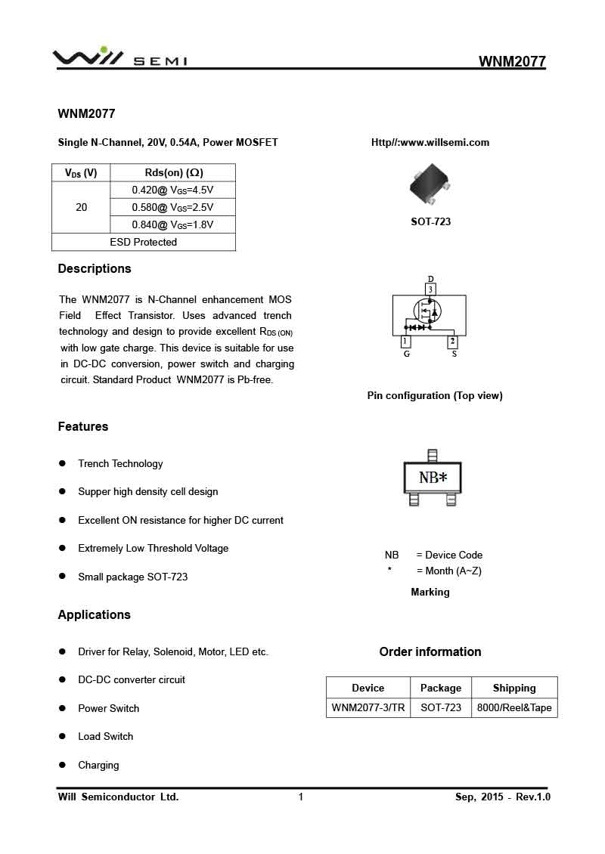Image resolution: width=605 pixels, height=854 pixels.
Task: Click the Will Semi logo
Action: [119, 58]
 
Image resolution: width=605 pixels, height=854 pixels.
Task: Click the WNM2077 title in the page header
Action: [512, 62]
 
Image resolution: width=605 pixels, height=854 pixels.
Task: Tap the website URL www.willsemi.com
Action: [430, 142]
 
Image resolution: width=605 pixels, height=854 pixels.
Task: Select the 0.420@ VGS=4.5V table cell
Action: [172, 190]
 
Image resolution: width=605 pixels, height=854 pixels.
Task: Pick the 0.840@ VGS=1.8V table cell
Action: [172, 224]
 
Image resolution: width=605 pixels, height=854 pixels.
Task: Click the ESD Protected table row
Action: [143, 242]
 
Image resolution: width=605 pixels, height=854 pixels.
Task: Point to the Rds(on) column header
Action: [173, 172]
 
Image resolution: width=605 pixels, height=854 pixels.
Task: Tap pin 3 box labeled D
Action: [430, 289]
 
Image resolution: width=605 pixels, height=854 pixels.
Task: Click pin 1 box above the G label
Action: [406, 342]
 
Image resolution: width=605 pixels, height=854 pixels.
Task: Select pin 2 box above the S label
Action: [452, 342]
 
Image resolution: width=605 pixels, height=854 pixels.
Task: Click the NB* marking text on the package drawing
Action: [433, 478]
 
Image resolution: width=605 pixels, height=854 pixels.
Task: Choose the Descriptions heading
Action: [95, 269]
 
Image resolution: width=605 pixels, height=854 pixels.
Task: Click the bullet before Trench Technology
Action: [63, 463]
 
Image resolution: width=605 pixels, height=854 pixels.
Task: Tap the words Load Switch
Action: [105, 736]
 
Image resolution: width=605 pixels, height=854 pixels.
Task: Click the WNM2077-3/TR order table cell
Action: [368, 708]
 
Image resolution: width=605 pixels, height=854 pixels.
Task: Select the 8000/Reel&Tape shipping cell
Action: [514, 708]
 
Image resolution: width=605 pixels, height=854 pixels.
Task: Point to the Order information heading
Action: [430, 651]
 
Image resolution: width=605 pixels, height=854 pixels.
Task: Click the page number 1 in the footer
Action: [301, 797]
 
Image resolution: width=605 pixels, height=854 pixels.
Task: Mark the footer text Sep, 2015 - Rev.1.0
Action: [502, 797]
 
